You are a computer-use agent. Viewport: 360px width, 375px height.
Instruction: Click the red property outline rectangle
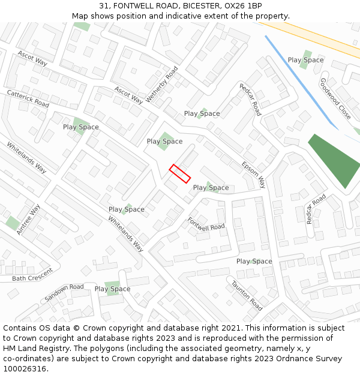(x=180, y=173)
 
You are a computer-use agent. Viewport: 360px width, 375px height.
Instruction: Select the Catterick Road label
(x=28, y=98)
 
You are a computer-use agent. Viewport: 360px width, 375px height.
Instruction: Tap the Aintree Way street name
(x=28, y=219)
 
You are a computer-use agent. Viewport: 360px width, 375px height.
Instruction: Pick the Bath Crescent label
(x=32, y=278)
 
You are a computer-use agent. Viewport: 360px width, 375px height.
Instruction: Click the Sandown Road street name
(x=64, y=292)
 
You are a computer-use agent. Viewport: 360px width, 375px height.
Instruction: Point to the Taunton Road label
(x=247, y=296)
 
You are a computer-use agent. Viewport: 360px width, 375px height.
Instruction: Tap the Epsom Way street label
(x=253, y=174)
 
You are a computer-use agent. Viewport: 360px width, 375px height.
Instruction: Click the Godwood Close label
(x=335, y=98)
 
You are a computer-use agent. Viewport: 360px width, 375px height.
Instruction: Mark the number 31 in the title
(x=104, y=6)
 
